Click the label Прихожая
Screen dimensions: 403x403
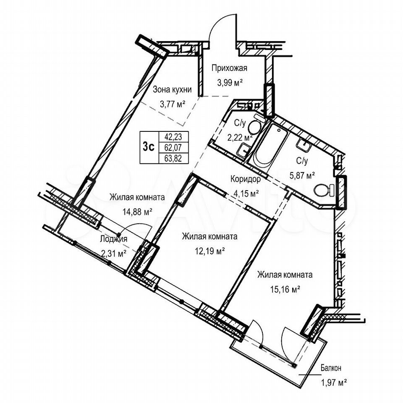(x=229, y=68)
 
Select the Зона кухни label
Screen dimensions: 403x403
(x=172, y=90)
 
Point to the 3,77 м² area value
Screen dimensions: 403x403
(x=173, y=105)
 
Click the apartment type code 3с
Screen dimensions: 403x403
(x=149, y=147)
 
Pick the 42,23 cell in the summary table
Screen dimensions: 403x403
(x=173, y=137)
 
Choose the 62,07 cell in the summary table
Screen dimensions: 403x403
(x=173, y=147)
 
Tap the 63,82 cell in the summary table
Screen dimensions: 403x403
(x=173, y=158)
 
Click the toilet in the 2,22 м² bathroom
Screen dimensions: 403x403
(x=254, y=125)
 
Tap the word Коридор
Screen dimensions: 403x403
(x=246, y=179)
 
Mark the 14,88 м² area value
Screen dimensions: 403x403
(x=138, y=212)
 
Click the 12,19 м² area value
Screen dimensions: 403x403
(x=210, y=250)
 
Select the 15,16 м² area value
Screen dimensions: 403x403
(x=285, y=289)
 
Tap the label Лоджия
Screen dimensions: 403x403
(x=113, y=239)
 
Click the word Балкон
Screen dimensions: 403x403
(x=331, y=368)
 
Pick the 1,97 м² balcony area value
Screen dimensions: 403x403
(x=333, y=383)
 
